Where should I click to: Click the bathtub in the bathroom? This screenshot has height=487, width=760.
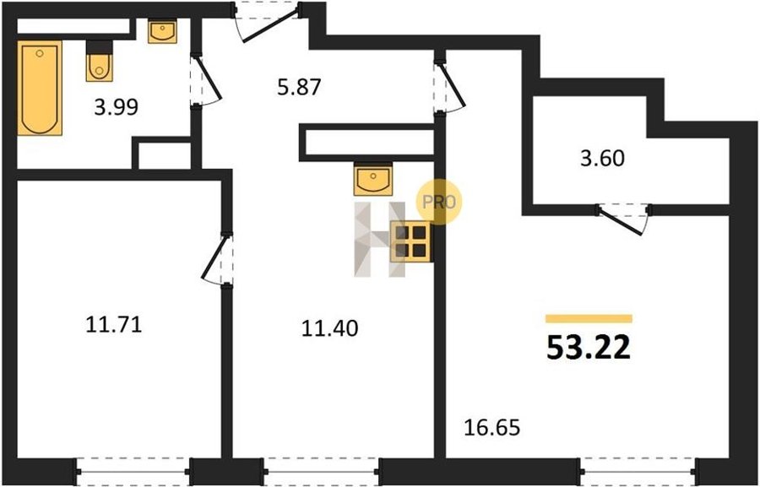(40, 88)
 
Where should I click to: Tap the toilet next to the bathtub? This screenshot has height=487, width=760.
(100, 61)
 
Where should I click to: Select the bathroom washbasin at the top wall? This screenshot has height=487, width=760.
(162, 31)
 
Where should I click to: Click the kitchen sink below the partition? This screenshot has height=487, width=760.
(372, 179)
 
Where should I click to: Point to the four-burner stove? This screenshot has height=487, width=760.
(410, 241)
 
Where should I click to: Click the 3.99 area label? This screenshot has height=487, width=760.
(117, 107)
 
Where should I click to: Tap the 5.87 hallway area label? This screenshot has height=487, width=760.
(299, 87)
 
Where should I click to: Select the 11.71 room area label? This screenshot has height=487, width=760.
(114, 324)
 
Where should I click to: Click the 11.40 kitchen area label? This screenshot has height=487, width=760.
(329, 328)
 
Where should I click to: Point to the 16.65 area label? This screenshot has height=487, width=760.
(492, 428)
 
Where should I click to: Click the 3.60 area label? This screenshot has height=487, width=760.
(602, 158)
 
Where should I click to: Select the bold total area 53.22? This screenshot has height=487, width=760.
(589, 347)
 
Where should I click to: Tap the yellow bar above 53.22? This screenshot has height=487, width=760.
(589, 318)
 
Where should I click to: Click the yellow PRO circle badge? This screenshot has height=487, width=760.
(439, 202)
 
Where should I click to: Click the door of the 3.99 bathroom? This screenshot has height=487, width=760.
(205, 80)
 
